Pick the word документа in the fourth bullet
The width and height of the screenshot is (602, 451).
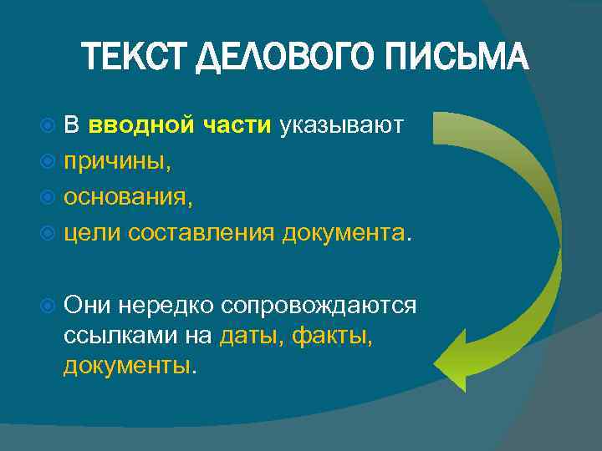click(344, 231)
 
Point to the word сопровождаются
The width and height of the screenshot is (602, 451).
click(318, 306)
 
